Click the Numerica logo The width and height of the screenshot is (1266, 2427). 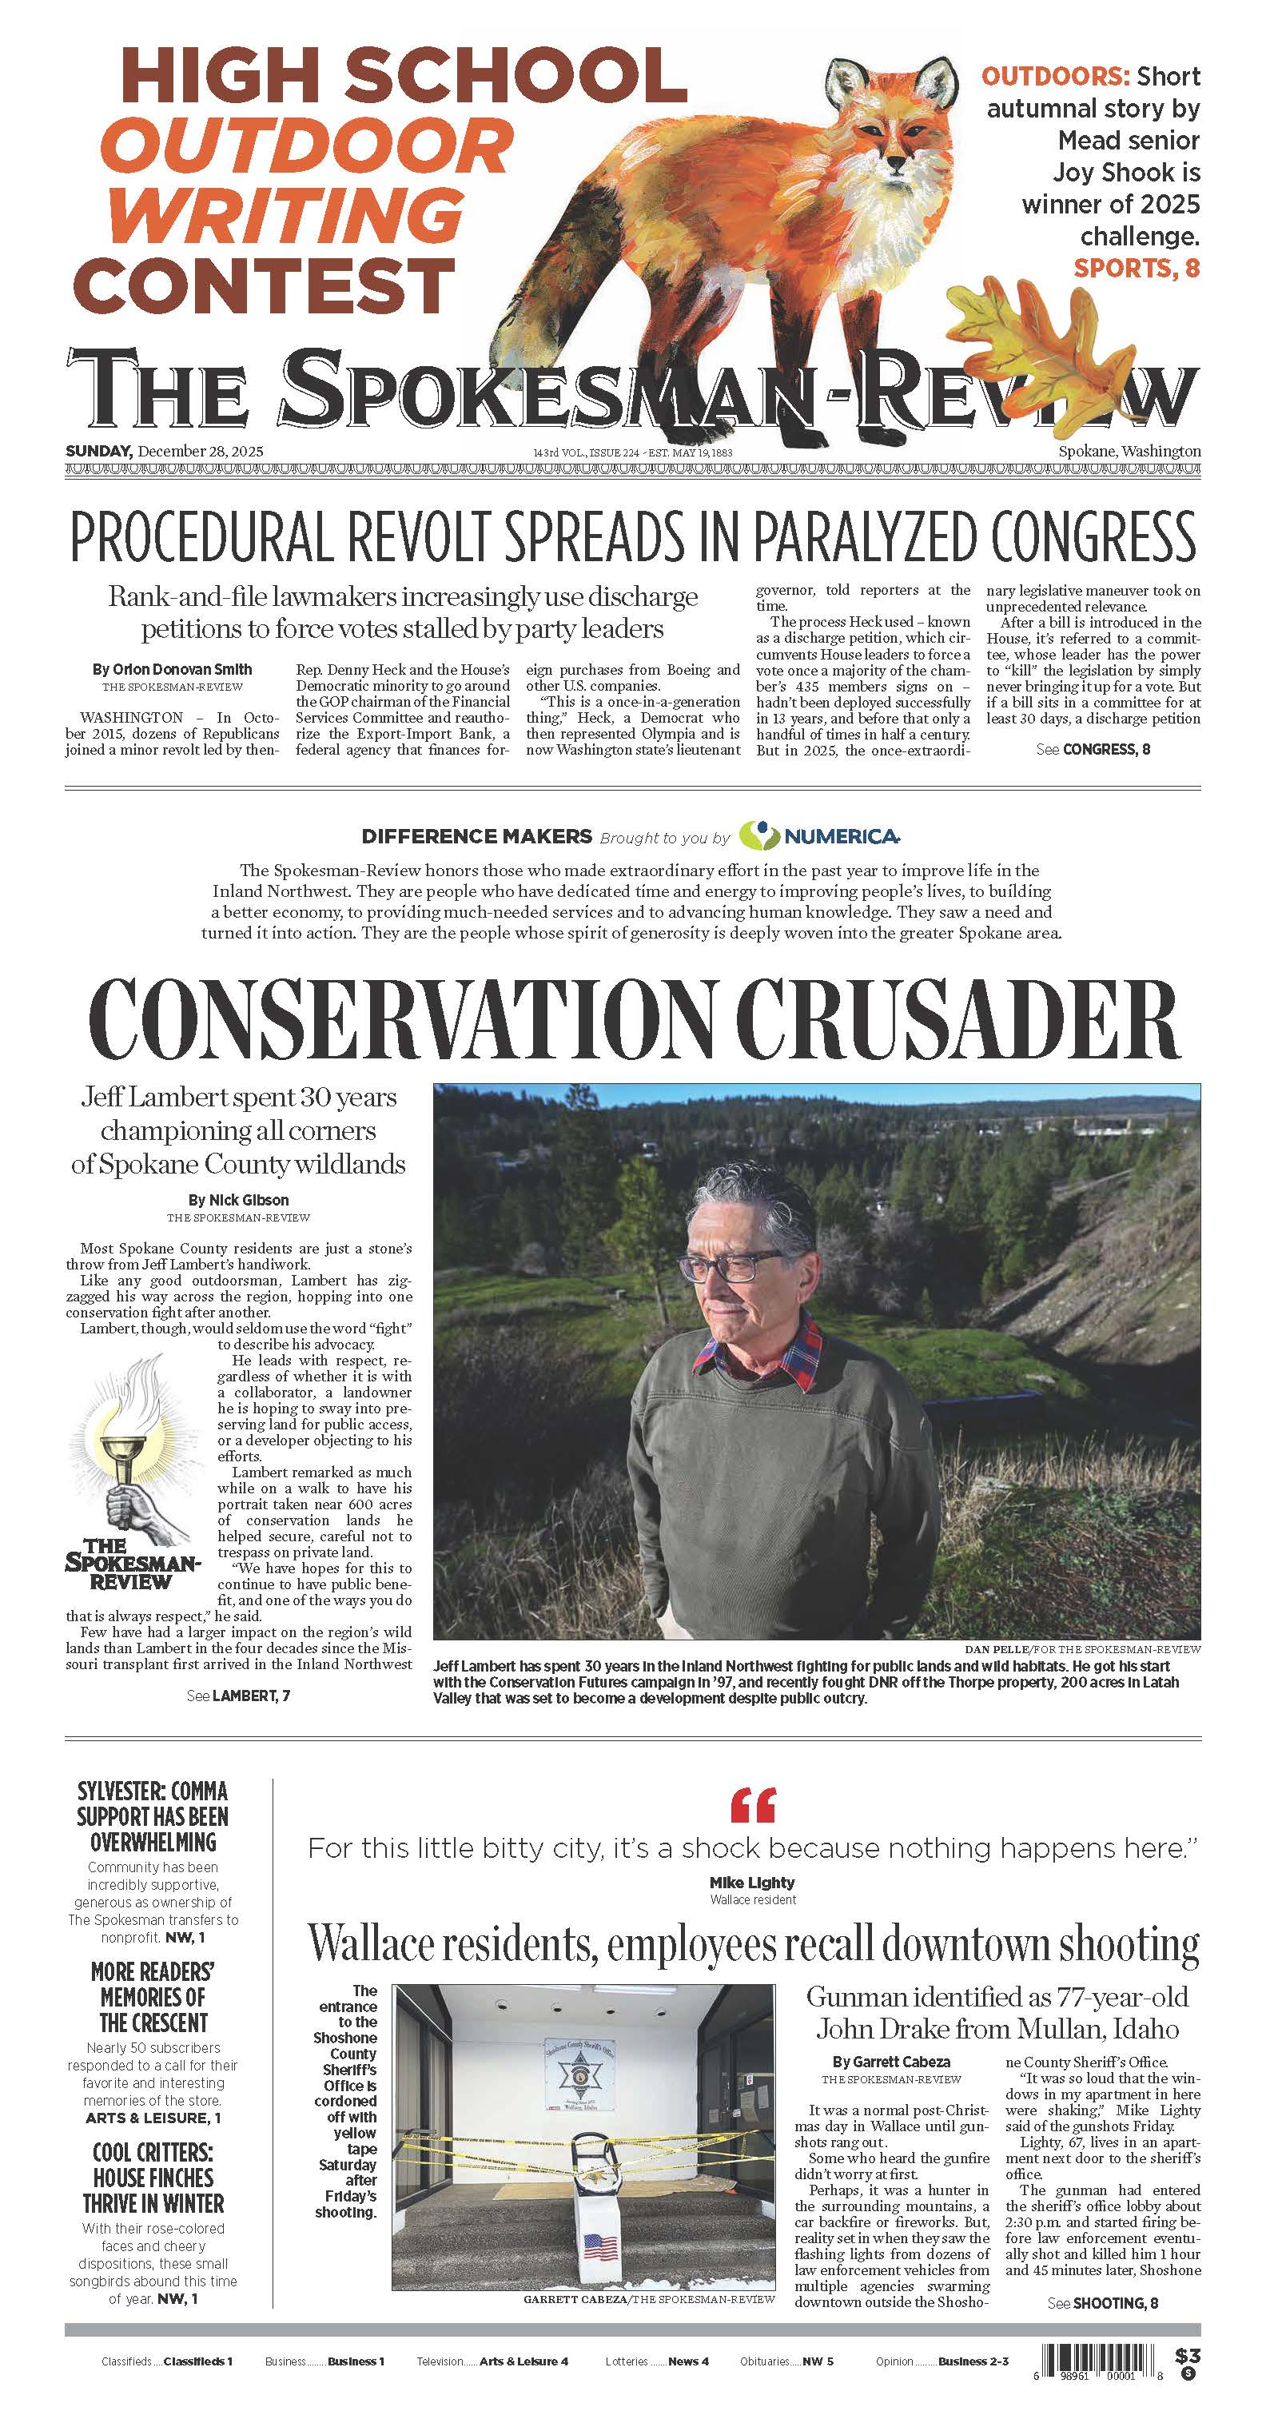[818, 835]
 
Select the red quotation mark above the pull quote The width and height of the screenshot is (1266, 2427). [754, 1804]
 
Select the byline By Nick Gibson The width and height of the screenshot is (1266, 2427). [238, 1201]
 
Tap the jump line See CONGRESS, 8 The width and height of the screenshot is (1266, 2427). [1093, 749]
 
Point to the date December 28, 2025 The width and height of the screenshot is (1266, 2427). [200, 452]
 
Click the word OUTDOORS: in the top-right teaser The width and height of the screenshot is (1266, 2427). [1054, 76]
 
